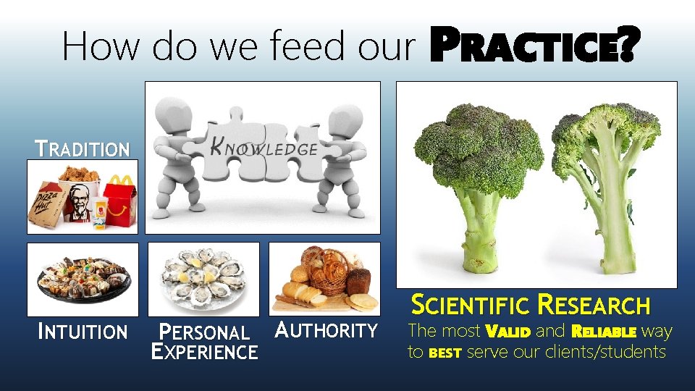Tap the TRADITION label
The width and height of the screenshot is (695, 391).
[83, 150]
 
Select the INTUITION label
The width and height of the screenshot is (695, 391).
[83, 332]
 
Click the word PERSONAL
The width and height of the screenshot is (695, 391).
[203, 332]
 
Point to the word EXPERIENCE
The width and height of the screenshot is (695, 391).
[204, 352]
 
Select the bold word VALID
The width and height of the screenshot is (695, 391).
[508, 332]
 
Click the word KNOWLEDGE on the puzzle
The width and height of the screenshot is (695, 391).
[264, 148]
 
